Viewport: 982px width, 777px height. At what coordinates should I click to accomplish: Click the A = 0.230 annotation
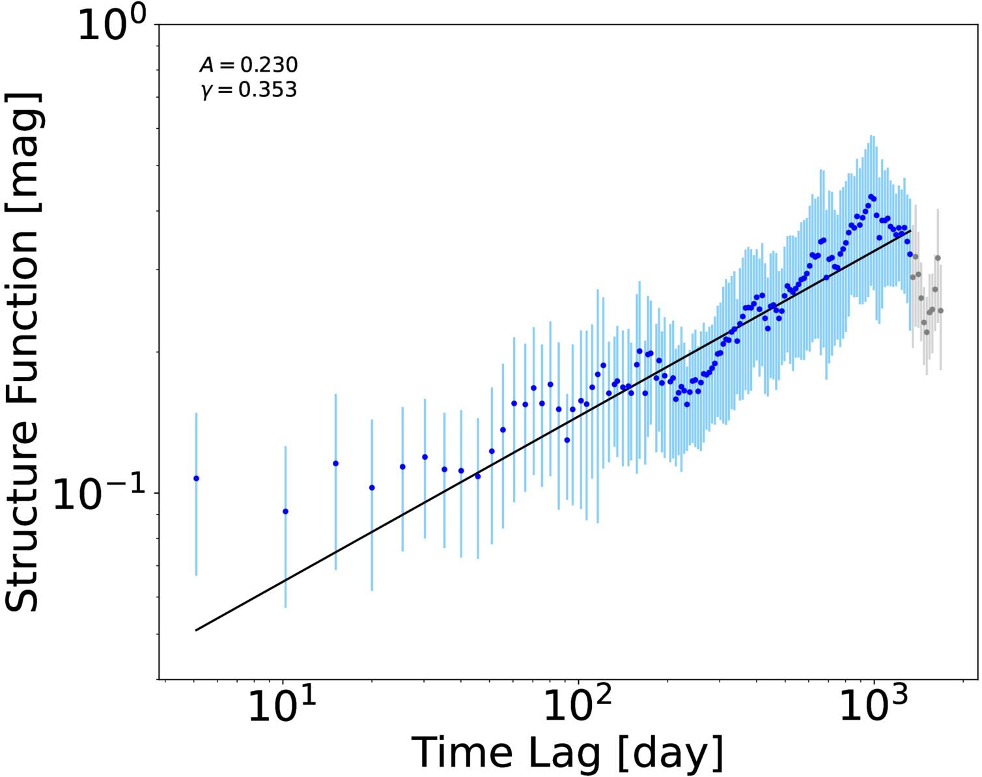pyautogui.click(x=249, y=65)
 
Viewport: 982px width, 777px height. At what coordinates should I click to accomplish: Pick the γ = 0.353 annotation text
pyautogui.click(x=249, y=90)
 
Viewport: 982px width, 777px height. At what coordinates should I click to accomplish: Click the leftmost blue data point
pyautogui.click(x=196, y=479)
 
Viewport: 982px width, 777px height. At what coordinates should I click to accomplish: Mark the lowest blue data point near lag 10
pyautogui.click(x=286, y=511)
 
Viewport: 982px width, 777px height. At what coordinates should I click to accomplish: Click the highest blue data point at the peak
pyautogui.click(x=871, y=197)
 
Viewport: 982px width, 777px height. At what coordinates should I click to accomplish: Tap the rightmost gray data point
pyautogui.click(x=940, y=311)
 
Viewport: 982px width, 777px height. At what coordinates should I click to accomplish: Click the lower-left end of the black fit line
pyautogui.click(x=196, y=630)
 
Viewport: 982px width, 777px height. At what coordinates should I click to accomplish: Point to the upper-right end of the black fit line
pyautogui.click(x=910, y=231)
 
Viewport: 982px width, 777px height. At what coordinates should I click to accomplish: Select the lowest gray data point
pyautogui.click(x=927, y=332)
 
